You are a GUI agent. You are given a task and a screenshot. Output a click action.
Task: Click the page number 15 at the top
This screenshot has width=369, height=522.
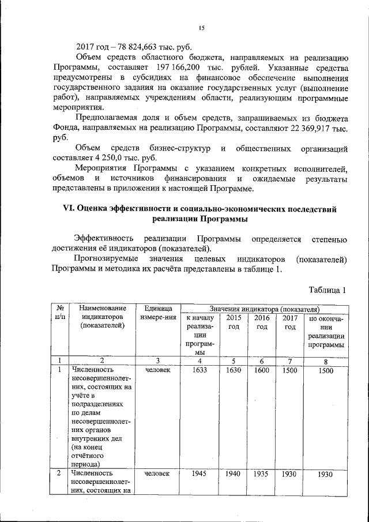pos(202,28)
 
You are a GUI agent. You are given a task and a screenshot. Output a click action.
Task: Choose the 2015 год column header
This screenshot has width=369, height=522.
pos(234,322)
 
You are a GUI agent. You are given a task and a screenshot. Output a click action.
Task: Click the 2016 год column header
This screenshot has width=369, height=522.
pos(262,322)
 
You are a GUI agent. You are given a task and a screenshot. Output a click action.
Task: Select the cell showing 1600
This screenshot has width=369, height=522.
pos(262,370)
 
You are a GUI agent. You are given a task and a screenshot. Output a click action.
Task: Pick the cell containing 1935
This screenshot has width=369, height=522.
pos(262,474)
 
